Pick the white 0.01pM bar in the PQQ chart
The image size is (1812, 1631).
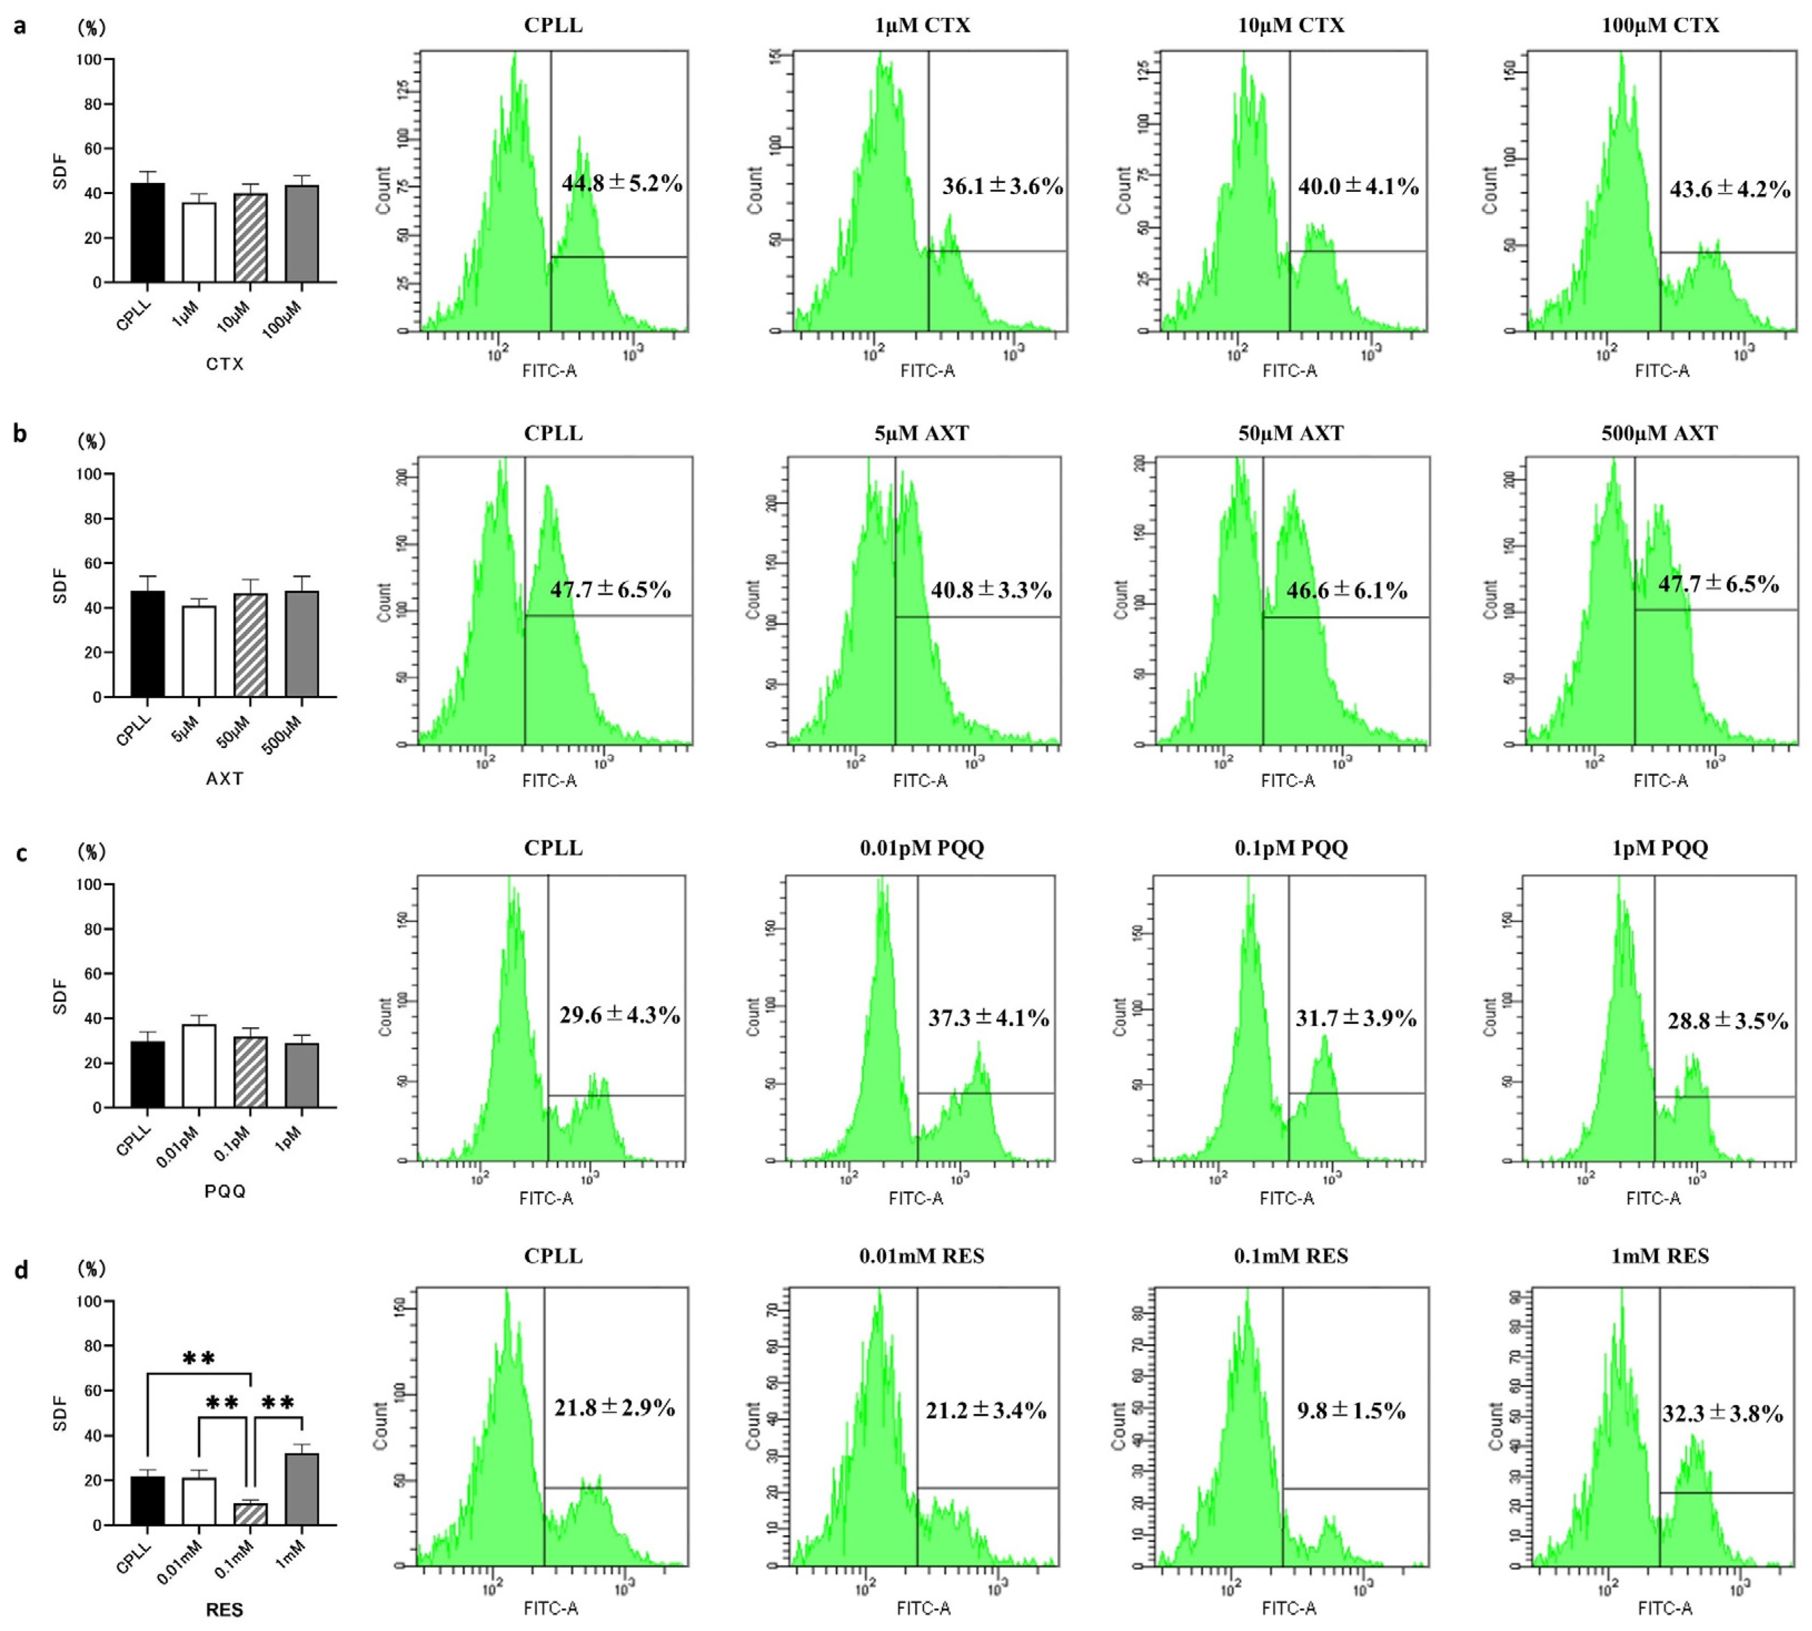[x=199, y=1067]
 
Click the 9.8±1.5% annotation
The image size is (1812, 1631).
[x=1351, y=1411]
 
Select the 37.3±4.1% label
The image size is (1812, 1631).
[x=988, y=1018]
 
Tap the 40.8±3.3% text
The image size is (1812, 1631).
[x=990, y=591]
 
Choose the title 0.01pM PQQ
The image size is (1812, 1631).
[x=922, y=848]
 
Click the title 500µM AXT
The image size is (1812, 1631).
[x=1660, y=434]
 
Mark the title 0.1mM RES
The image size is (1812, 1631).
[x=1291, y=1256]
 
